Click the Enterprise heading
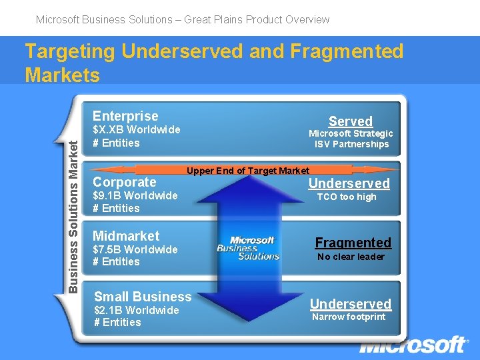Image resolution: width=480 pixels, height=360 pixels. pyautogui.click(x=125, y=116)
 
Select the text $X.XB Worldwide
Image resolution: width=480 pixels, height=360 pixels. pyautogui.click(x=136, y=129)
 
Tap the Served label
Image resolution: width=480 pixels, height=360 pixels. pyautogui.click(x=350, y=121)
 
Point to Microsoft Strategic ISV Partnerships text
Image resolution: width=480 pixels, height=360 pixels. pyautogui.click(x=351, y=139)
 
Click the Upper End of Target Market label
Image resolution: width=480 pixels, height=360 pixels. pyautogui.click(x=247, y=171)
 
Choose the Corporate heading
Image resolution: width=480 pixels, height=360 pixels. pyautogui.click(x=124, y=182)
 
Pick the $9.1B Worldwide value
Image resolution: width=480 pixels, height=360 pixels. pyautogui.click(x=135, y=195)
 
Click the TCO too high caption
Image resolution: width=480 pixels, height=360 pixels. pyautogui.click(x=346, y=197)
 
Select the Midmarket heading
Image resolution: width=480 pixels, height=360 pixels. pyautogui.click(x=126, y=235)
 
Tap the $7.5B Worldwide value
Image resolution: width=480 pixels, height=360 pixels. pyautogui.click(x=135, y=249)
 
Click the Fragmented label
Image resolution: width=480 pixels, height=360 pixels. pyautogui.click(x=353, y=243)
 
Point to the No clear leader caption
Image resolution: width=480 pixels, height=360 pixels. pyautogui.click(x=351, y=257)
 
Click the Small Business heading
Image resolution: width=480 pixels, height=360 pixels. pyautogui.click(x=143, y=297)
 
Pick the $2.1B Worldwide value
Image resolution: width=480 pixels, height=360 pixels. pyautogui.click(x=136, y=310)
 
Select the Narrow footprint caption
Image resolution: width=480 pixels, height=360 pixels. pyautogui.click(x=349, y=317)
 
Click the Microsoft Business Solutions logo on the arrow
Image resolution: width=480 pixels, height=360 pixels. pyautogui.click(x=249, y=248)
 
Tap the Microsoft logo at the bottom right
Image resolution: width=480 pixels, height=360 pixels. pyautogui.click(x=413, y=345)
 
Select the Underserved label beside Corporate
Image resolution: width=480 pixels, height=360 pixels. pyautogui.click(x=348, y=183)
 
